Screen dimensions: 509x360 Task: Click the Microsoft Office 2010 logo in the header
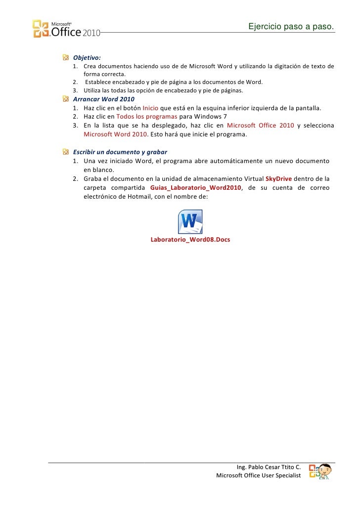coord(66,29)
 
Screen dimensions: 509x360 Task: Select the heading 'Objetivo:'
coord(87,57)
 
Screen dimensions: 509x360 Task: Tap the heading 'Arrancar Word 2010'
coord(103,99)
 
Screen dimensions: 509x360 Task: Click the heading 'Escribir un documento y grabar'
coord(120,152)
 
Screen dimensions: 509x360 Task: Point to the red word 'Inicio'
coord(150,108)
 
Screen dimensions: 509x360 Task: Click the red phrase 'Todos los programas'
coord(146,117)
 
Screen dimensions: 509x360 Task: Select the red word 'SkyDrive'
coord(278,179)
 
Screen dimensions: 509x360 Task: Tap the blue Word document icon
coord(190,221)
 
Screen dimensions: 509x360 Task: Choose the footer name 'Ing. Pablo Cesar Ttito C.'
coord(269,467)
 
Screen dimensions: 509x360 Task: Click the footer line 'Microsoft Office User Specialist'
coord(259,475)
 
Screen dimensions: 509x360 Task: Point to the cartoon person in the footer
coord(324,471)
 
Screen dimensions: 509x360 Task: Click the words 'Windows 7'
coord(211,117)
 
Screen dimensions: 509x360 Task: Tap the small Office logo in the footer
coord(313,471)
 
